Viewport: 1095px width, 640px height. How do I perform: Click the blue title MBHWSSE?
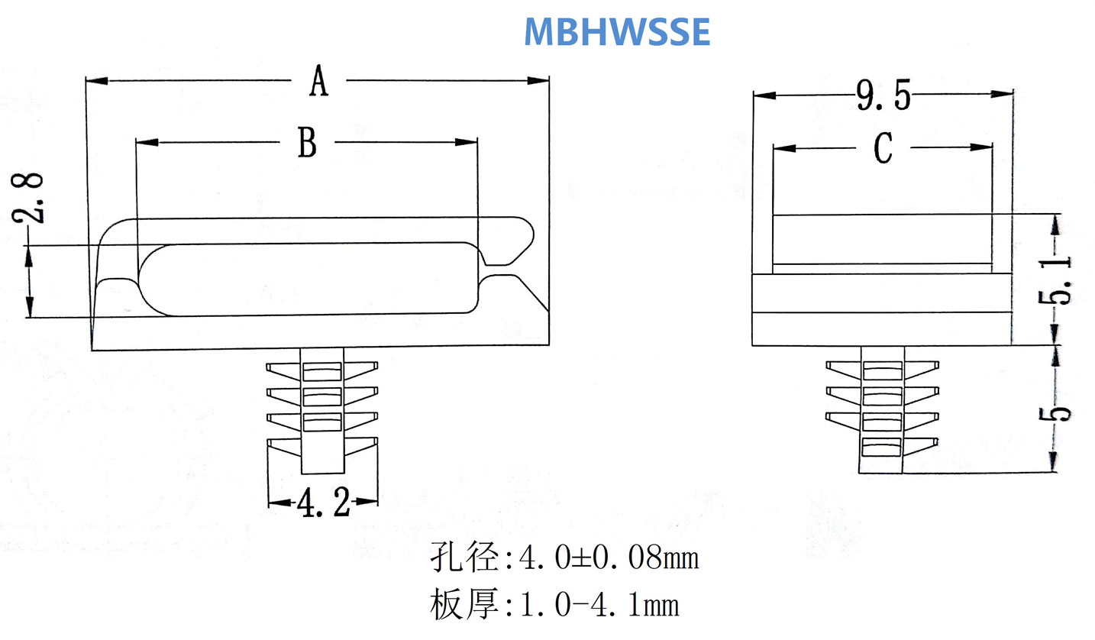click(617, 31)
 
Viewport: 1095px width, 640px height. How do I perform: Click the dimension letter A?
click(318, 82)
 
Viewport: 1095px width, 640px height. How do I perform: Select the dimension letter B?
click(307, 143)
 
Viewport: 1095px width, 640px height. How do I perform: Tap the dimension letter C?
click(883, 148)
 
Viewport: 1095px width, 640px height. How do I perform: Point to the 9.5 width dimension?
click(883, 96)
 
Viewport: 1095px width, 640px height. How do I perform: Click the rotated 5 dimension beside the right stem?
click(1058, 413)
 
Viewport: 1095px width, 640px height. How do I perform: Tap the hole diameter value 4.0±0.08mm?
click(609, 559)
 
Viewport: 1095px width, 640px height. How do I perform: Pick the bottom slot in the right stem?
click(881, 448)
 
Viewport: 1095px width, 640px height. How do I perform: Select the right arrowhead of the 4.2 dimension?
click(370, 503)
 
